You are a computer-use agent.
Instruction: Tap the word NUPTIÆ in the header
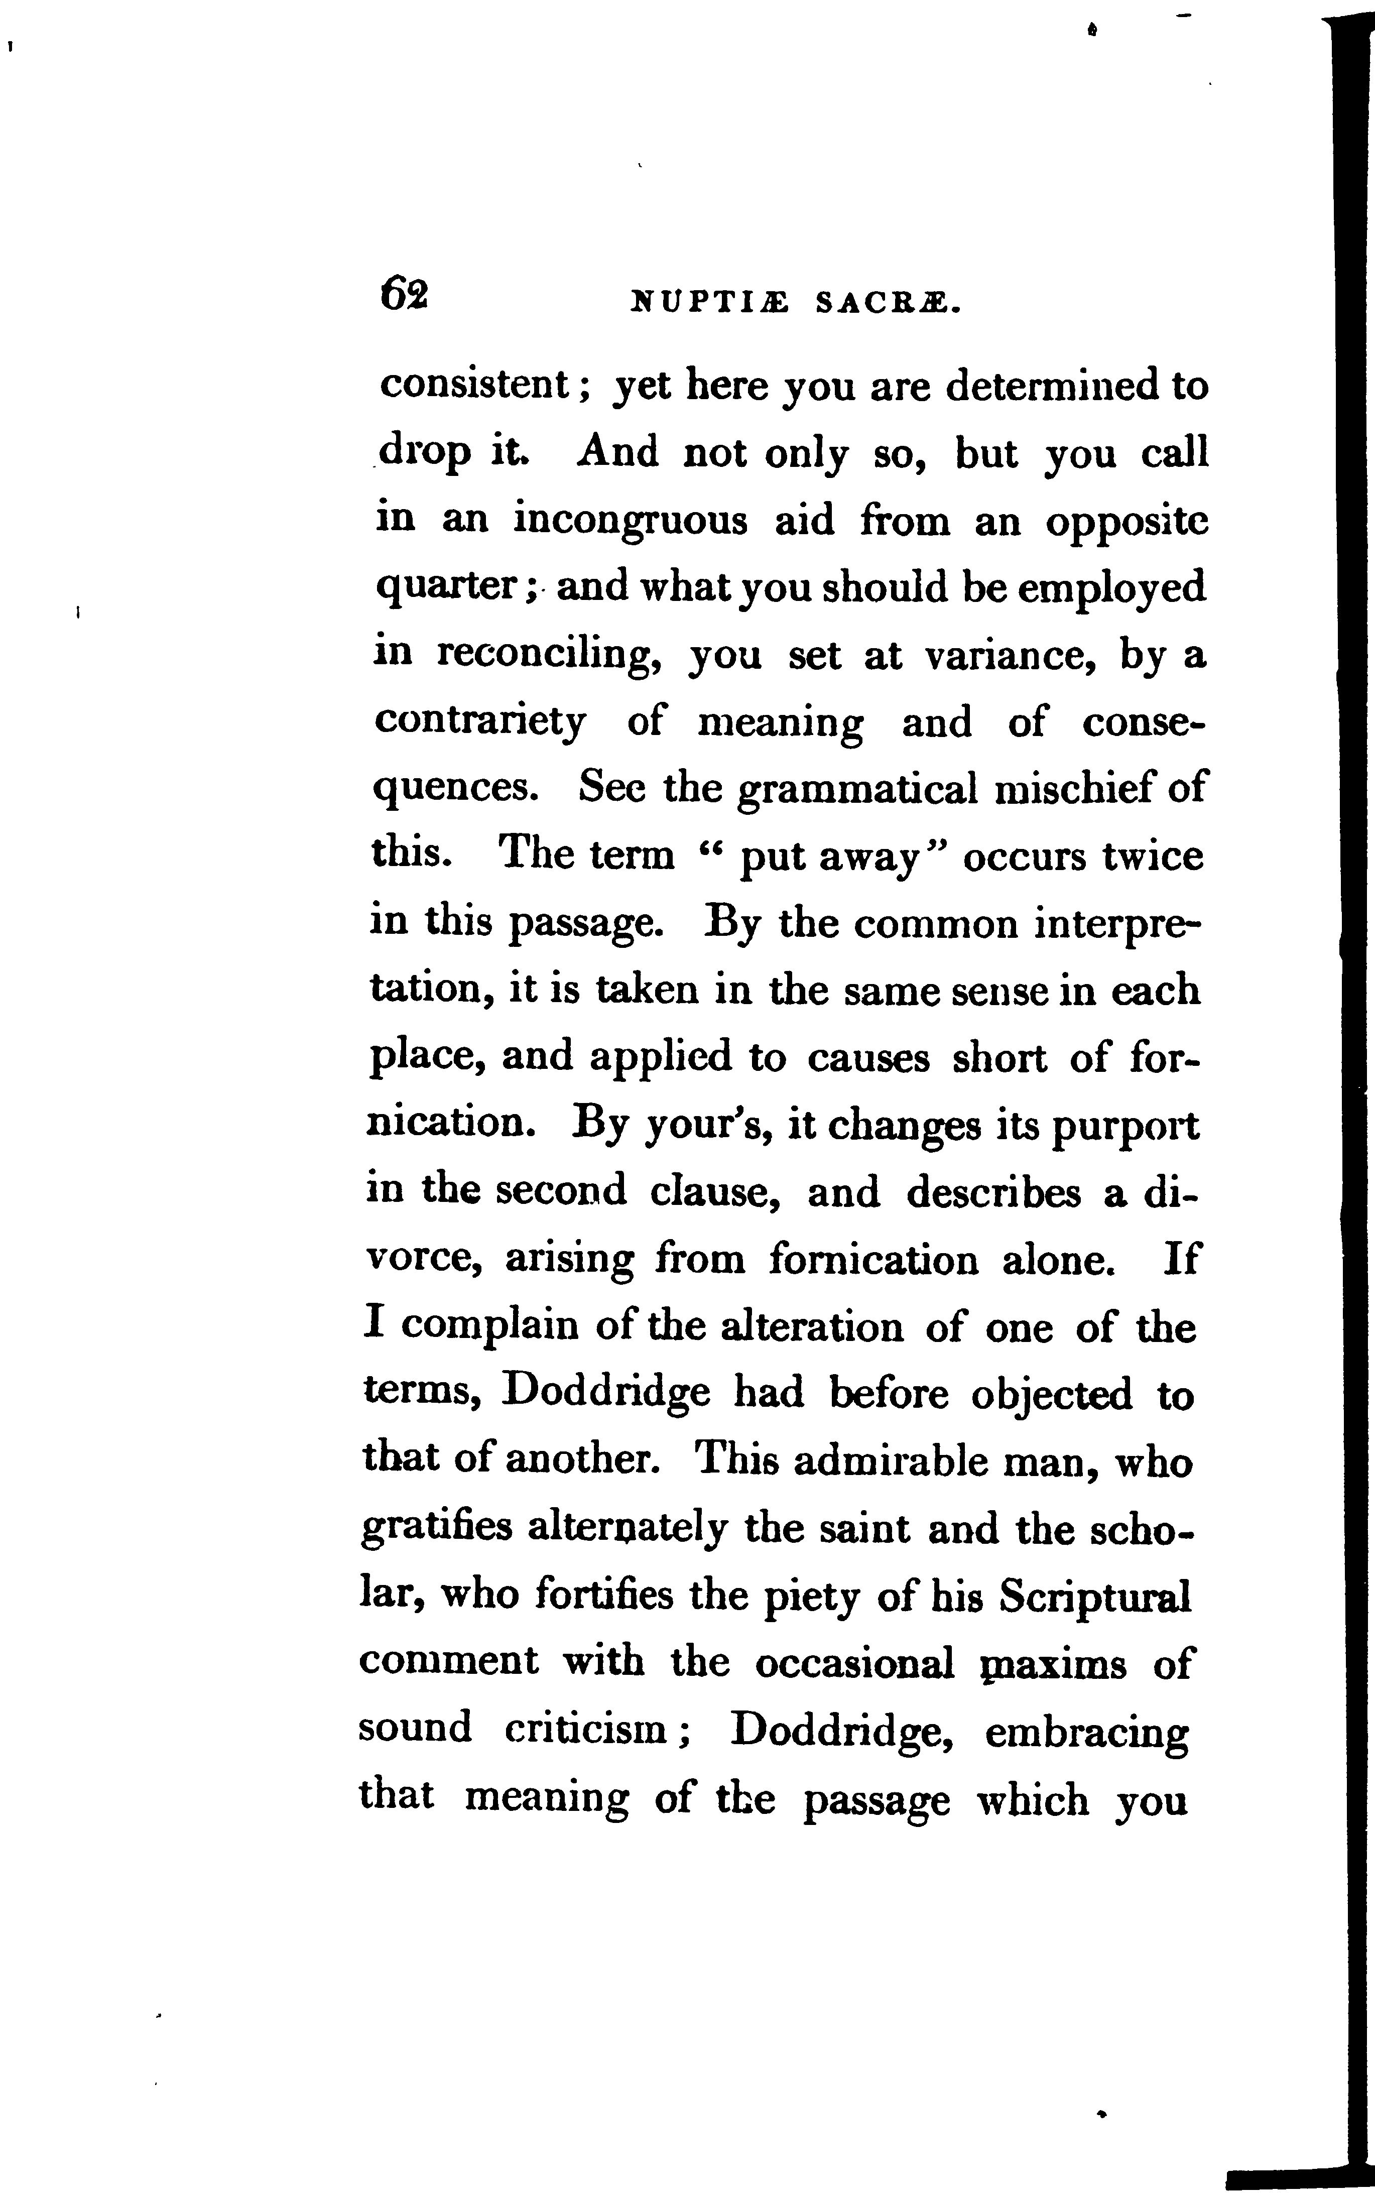pos(710,303)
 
